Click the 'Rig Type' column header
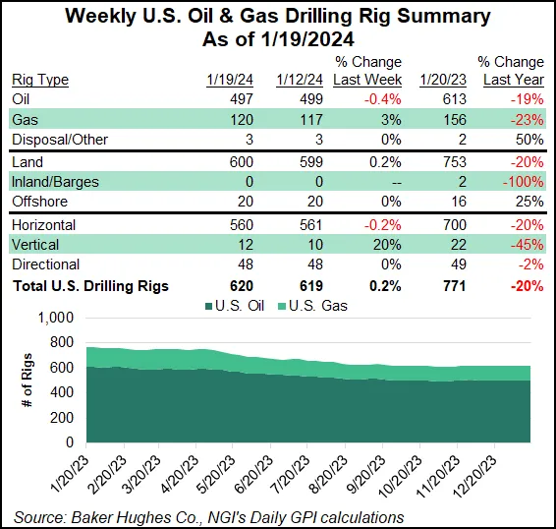point(40,80)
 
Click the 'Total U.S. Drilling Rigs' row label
point(89,287)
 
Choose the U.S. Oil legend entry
point(266,305)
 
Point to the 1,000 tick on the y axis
point(55,319)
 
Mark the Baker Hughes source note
point(208,516)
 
